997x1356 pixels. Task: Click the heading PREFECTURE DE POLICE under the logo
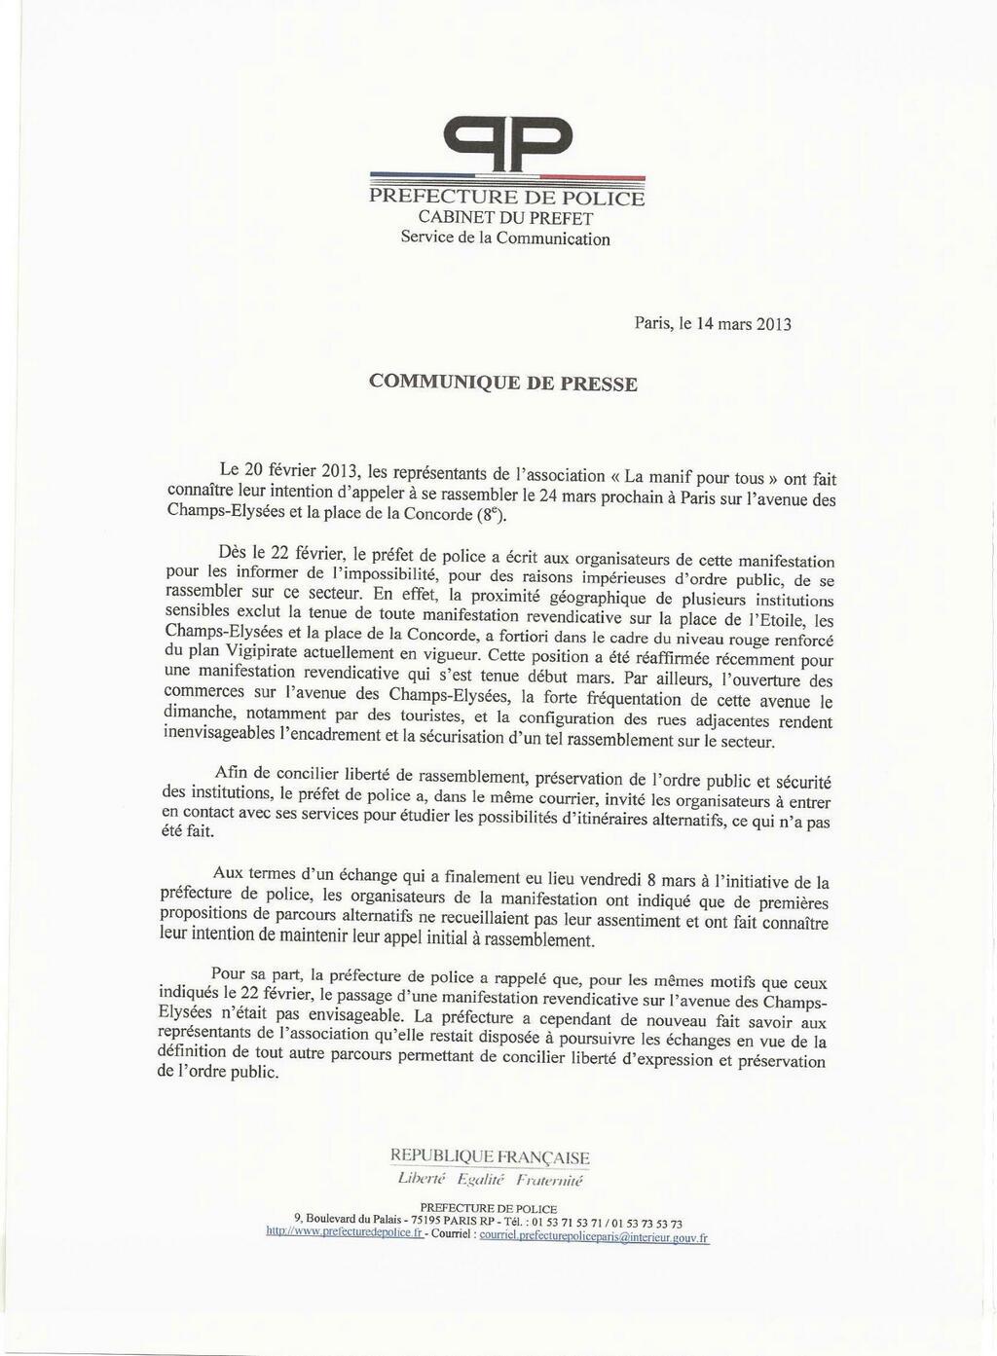[x=506, y=199]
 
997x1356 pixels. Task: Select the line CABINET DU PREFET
[x=506, y=218]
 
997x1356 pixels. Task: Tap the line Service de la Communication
[x=505, y=238]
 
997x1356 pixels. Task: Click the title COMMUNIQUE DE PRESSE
[x=503, y=383]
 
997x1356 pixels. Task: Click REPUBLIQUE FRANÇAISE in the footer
[x=490, y=1156]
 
